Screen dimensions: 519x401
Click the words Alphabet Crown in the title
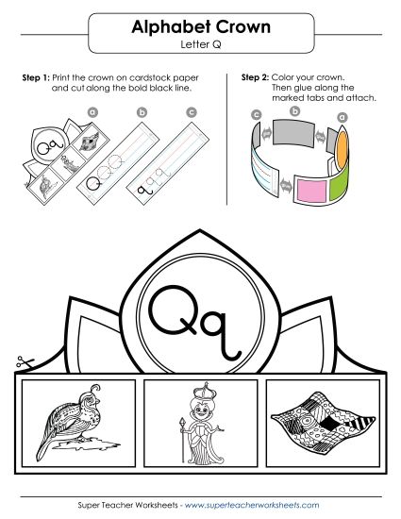pos(199,29)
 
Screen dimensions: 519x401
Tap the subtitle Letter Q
pos(199,44)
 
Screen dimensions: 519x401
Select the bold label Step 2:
pos(258,77)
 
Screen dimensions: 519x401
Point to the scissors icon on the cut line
pos(21,361)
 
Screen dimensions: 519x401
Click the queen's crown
pos(200,391)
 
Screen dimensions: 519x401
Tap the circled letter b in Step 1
pos(142,113)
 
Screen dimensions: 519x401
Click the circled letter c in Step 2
pos(256,114)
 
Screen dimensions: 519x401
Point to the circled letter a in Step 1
pos(92,111)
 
